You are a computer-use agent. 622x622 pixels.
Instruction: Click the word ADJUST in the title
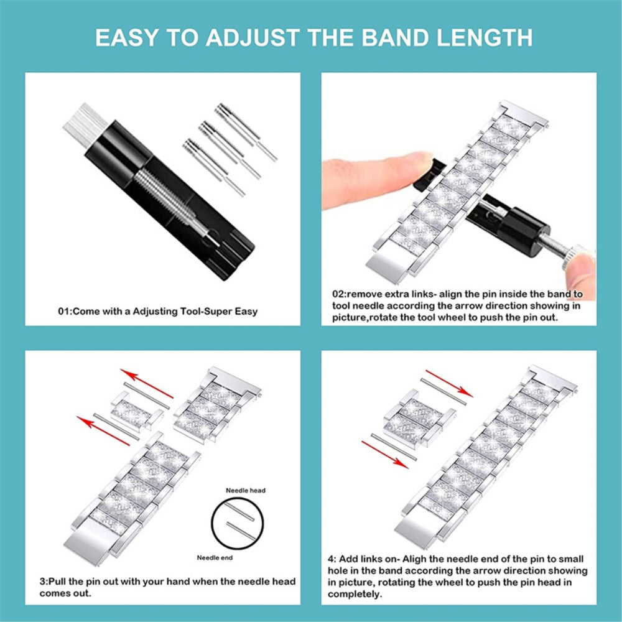(x=252, y=38)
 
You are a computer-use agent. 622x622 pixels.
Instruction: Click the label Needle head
(x=246, y=490)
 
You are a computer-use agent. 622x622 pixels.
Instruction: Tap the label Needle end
(x=215, y=558)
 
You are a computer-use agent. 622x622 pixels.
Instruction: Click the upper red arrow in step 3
(x=147, y=383)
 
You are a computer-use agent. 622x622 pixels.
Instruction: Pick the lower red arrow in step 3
(x=103, y=431)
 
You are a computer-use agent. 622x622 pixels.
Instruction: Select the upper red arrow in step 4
(x=449, y=383)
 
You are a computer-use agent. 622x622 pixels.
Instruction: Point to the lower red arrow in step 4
(x=385, y=455)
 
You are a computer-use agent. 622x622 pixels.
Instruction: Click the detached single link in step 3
(x=136, y=410)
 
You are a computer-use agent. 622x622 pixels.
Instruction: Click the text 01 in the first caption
(x=64, y=312)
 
